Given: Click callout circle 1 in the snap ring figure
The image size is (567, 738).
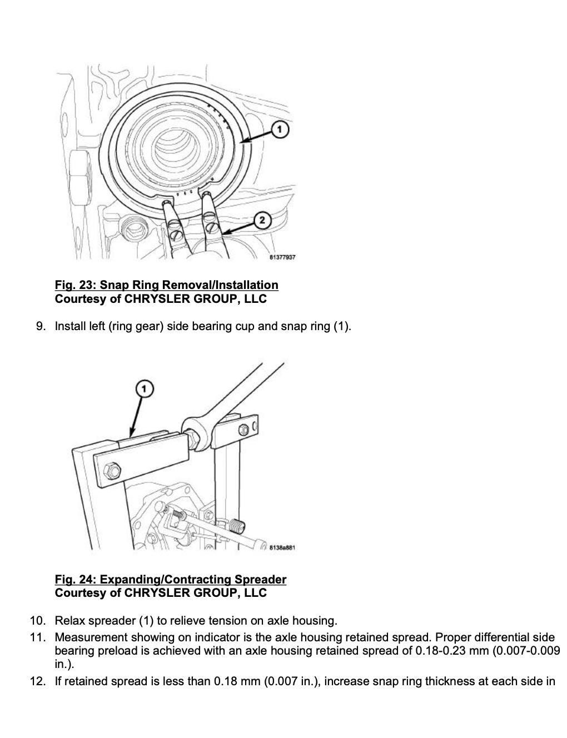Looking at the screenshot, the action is pyautogui.click(x=279, y=129).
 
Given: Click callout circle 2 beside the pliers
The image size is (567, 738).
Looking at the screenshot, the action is pyautogui.click(x=262, y=221).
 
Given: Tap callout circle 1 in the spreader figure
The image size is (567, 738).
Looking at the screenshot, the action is pyautogui.click(x=145, y=388).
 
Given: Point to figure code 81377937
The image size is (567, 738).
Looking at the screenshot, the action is pyautogui.click(x=282, y=257).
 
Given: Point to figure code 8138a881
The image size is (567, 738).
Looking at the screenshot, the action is pyautogui.click(x=282, y=547).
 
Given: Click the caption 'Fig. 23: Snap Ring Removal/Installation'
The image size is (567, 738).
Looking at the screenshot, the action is pyautogui.click(x=166, y=285).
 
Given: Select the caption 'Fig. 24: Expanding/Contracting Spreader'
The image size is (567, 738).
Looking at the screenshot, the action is pyautogui.click(x=171, y=579).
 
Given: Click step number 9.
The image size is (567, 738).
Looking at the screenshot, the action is pyautogui.click(x=41, y=326).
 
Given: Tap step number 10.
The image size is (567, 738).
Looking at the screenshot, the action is pyautogui.click(x=38, y=621).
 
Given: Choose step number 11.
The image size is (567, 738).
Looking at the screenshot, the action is pyautogui.click(x=38, y=637).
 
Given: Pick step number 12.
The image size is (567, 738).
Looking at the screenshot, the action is pyautogui.click(x=38, y=681).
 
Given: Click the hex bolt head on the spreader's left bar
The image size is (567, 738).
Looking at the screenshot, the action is pyautogui.click(x=112, y=470).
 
